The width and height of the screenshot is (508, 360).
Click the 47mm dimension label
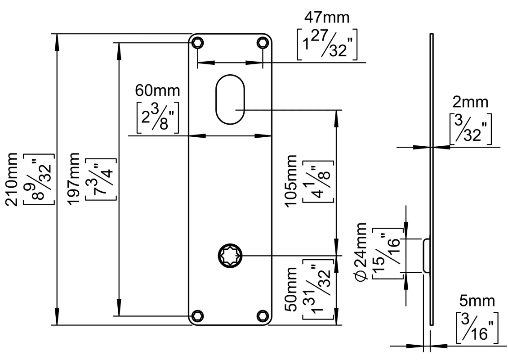[x=327, y=18]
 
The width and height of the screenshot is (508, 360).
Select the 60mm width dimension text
[x=157, y=90]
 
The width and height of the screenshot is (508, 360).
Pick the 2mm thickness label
[x=470, y=103]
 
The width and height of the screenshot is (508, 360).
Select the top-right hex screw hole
[x=262, y=43]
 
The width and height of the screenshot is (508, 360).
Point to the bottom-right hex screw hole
[x=262, y=315]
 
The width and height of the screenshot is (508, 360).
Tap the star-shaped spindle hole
[x=230, y=256]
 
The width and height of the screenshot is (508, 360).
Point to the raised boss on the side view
[x=426, y=256]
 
